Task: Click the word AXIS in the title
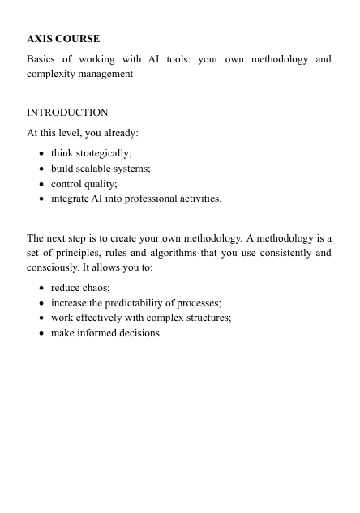tap(41, 39)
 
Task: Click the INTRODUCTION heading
tap(67, 113)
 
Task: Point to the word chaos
tap(97, 288)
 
